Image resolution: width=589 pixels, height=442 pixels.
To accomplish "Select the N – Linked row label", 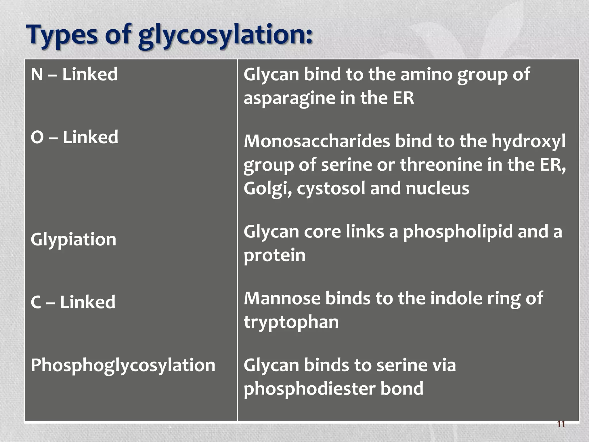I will pos(74,74).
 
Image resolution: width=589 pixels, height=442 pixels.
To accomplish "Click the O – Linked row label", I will pos(74,137).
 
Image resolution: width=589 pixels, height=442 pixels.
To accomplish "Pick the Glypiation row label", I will pos(73,239).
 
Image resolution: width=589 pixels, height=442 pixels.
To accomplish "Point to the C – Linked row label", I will pos(73,302).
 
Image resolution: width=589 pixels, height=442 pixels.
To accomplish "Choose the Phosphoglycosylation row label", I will pos(123,365).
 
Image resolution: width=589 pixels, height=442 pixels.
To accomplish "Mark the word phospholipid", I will pos(458,232).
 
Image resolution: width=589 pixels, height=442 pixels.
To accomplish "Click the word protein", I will pos(275,255).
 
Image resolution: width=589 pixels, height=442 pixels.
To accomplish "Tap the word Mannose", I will pos(282,298).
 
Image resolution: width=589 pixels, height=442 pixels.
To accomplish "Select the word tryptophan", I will pos(291,322).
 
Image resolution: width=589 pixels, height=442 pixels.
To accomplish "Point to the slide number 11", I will pos(561,424).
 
